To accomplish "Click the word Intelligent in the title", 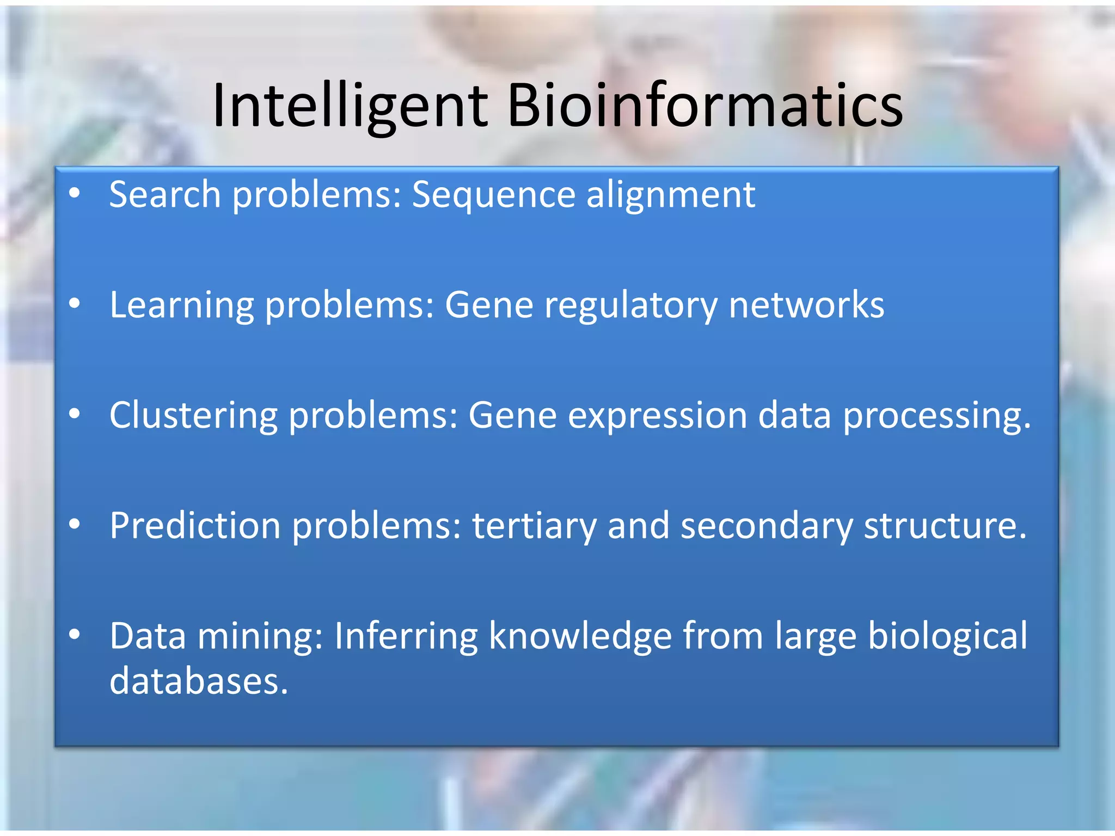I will click(x=350, y=106).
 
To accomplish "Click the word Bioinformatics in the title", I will click(x=705, y=106).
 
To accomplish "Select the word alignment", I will click(x=671, y=195).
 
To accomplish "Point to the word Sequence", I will click(x=493, y=195).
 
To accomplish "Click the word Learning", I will click(x=182, y=305).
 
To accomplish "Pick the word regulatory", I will click(x=631, y=305).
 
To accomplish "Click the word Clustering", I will click(x=193, y=416).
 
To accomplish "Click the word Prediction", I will click(x=195, y=526).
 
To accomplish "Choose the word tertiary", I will click(x=534, y=526).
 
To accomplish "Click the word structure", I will click(x=945, y=526).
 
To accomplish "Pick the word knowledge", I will click(x=580, y=636).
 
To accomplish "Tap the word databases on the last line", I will click(x=198, y=681).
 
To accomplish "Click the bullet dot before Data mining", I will click(x=75, y=634).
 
